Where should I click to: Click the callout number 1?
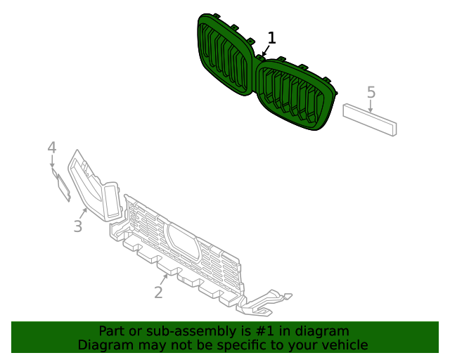(x=272, y=38)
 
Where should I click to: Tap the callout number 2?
(x=158, y=292)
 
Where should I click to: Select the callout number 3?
(x=78, y=226)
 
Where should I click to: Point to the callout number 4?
(x=51, y=148)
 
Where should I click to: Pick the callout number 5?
(x=371, y=92)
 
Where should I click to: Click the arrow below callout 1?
(x=266, y=51)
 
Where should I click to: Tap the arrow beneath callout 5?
(x=371, y=105)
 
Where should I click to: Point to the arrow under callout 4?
(x=52, y=161)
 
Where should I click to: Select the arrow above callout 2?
(x=164, y=278)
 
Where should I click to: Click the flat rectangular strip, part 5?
(x=370, y=120)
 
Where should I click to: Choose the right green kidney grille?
(x=295, y=94)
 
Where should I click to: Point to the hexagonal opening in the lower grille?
(x=182, y=240)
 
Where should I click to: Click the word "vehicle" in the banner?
(x=342, y=345)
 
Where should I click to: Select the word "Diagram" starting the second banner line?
(x=103, y=345)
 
